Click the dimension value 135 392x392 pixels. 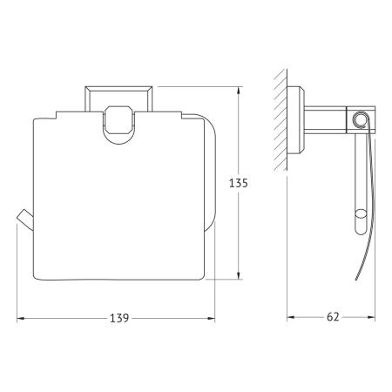(x=239, y=183)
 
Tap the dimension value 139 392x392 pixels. (x=119, y=318)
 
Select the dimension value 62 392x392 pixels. (x=333, y=317)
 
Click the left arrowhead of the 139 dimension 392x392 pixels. (x=20, y=319)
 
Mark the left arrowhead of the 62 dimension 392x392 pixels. (x=291, y=317)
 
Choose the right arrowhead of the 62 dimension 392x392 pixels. (x=371, y=317)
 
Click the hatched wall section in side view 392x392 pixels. (x=280, y=120)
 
